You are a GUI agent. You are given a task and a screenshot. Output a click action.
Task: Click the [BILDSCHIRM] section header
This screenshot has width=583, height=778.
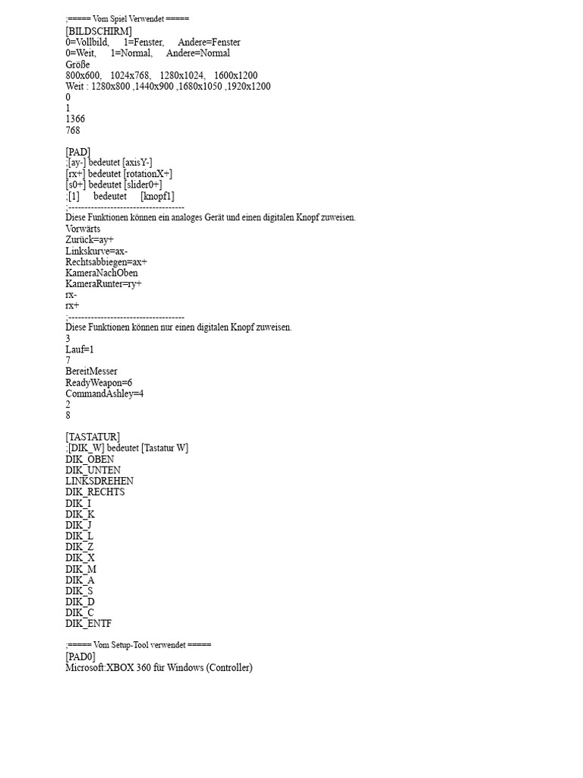99,31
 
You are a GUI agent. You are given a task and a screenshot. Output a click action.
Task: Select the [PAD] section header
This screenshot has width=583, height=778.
78,152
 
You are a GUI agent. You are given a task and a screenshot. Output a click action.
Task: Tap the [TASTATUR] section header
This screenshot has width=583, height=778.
93,437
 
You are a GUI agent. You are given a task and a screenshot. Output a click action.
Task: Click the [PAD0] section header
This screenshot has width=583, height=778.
81,656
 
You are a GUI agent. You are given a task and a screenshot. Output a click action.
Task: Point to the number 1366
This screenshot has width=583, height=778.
75,119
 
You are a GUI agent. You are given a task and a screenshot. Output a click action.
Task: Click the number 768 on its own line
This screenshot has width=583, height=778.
73,130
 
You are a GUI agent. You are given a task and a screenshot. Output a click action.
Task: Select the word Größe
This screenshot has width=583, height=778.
77,65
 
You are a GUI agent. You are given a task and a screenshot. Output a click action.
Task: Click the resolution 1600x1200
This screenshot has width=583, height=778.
235,75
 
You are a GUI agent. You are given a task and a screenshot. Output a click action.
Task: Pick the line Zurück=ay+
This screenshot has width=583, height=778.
90,239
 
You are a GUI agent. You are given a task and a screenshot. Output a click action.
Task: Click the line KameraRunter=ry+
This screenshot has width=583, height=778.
103,283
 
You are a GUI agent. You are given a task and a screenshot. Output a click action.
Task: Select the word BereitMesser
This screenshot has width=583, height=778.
91,372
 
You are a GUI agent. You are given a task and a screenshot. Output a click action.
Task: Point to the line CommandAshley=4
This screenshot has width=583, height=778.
105,394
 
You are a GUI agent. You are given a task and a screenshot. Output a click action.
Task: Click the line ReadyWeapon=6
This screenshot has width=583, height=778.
99,383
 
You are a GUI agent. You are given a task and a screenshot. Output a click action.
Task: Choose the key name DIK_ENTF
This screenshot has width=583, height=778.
88,624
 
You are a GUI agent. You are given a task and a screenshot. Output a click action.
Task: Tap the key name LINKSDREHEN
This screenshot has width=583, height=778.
99,481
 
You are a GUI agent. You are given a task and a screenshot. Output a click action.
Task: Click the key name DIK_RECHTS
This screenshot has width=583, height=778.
95,492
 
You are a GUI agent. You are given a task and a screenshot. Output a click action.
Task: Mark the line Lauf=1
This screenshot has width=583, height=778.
79,349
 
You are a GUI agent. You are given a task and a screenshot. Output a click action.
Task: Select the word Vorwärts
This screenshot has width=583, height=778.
83,229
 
